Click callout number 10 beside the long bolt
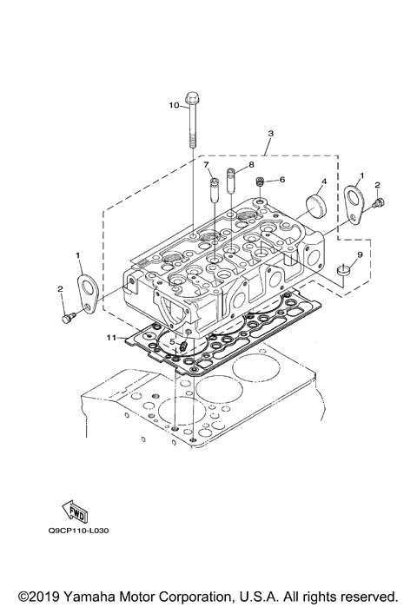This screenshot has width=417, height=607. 173,106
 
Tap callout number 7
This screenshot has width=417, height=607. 206,164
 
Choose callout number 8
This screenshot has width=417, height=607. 251,163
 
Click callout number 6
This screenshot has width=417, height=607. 282,180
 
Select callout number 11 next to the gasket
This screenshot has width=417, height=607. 110,336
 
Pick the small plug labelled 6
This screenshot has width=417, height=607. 260,183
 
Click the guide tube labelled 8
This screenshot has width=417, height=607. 231,182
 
